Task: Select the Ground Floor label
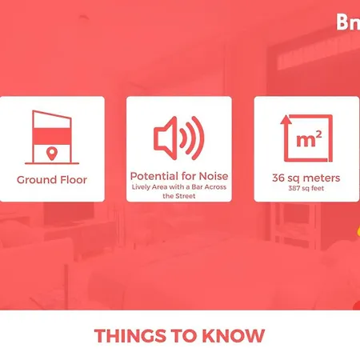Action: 51,180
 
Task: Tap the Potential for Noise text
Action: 179,175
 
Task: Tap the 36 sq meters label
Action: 306,178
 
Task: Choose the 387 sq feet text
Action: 306,190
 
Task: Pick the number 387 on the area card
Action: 295,190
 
